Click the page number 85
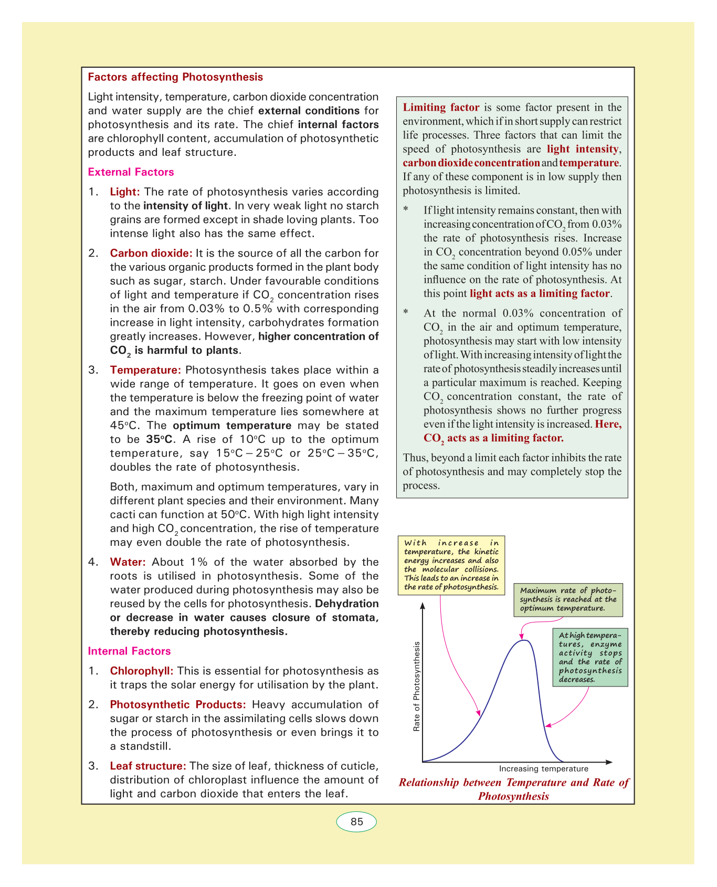tap(356, 822)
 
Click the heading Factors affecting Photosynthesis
tap(175, 77)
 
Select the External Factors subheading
tap(131, 172)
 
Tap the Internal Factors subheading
tap(129, 651)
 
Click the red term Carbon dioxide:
tap(151, 253)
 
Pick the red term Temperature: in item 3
tap(145, 371)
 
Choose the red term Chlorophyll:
tap(142, 671)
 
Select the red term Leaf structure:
tap(148, 766)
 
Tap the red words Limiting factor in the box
tap(441, 108)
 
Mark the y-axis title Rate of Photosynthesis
tap(417, 687)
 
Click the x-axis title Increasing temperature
tap(543, 769)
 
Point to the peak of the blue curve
tap(523, 640)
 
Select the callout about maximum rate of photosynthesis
tap(568, 599)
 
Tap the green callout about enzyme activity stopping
tap(590, 657)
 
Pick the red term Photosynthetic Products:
tap(178, 704)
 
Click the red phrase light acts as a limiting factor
tap(540, 294)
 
